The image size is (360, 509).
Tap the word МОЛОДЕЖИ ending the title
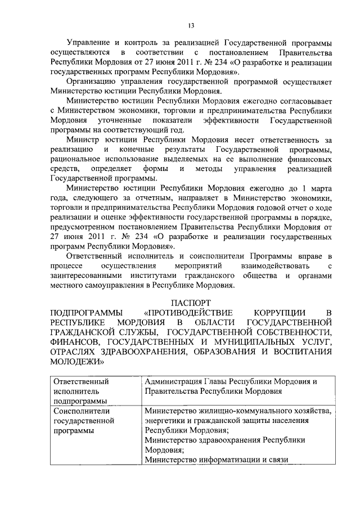pos(70,361)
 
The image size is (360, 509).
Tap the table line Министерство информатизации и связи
pos(216,460)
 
